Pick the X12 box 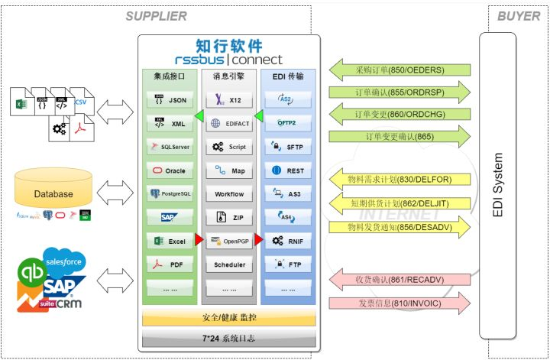(227, 99)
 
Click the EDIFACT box (227, 123)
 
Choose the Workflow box (227, 194)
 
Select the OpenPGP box (227, 242)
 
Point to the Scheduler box (227, 265)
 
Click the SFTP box (286, 146)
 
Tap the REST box (286, 170)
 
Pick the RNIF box (286, 242)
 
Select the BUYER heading (518, 16)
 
